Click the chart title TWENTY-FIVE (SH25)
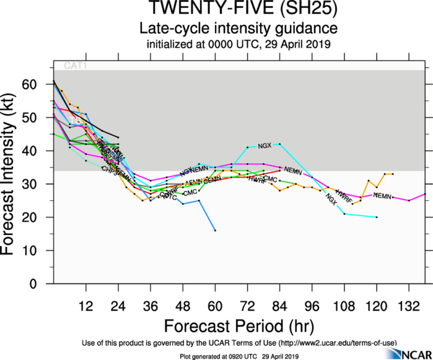[238, 10]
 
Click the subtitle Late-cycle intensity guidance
[238, 29]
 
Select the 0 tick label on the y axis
[42, 284]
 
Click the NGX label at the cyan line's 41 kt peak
[265, 146]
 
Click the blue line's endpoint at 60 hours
[215, 230]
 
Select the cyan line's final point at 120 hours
[377, 217]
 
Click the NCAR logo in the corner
[406, 353]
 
